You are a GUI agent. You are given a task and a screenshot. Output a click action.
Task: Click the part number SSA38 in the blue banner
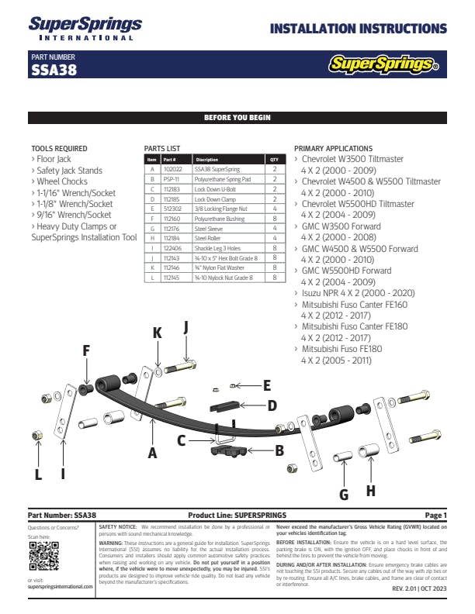pos(54,70)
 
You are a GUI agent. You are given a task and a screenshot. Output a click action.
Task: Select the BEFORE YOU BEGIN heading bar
pos(237,118)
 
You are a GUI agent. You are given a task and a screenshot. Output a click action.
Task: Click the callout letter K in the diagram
pos(158,333)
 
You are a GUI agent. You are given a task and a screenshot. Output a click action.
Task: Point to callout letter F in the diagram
pos(86,351)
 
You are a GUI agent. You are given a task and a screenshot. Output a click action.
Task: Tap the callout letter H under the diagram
pos(370,490)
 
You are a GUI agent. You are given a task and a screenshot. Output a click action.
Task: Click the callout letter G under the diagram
pos(344,495)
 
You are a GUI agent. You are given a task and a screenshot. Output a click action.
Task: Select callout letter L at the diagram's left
pos(37,474)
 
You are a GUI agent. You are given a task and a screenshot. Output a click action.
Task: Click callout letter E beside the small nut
pos(266,385)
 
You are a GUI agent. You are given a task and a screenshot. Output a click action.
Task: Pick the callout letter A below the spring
pos(152,453)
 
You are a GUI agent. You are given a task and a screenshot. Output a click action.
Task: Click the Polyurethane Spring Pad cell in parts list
pos(222,178)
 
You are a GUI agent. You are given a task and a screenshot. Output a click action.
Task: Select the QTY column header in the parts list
pos(274,159)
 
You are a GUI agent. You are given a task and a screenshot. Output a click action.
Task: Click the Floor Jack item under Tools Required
pos(54,159)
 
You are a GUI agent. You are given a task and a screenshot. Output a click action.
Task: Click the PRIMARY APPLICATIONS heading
pos(334,148)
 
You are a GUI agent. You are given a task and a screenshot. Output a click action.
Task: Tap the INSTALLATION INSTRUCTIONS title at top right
pos(358,29)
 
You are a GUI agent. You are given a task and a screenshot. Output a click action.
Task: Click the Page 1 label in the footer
pos(435,515)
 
